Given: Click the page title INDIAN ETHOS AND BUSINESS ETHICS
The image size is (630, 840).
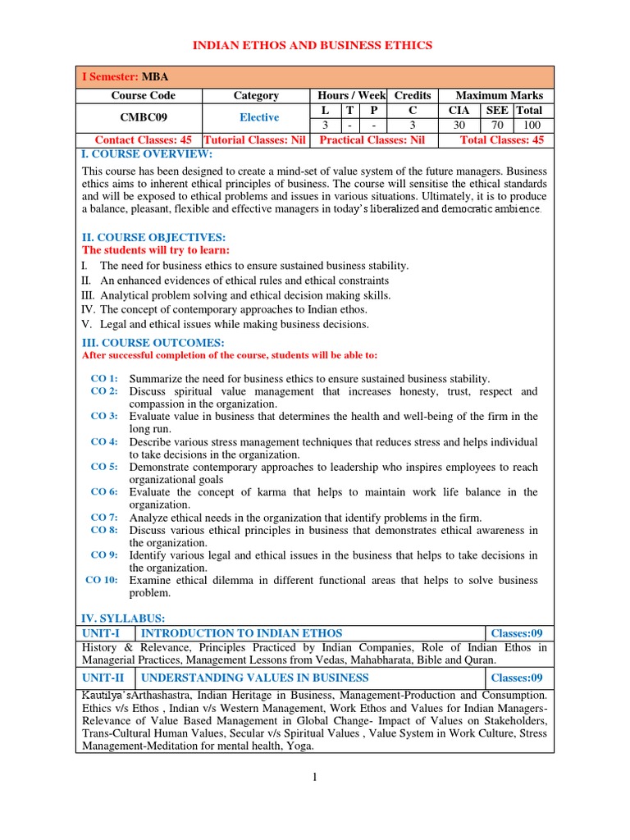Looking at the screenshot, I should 312,44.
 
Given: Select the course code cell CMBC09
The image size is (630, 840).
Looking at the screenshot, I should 139,117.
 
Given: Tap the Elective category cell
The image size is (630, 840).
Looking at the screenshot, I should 258,117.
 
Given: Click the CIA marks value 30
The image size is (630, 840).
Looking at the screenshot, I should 459,125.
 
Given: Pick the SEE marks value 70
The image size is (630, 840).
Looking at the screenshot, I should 497,125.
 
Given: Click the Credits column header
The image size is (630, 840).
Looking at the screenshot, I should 413,96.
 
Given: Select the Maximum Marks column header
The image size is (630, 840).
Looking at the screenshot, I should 499,96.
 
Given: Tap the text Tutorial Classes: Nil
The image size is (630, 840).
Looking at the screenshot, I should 255,140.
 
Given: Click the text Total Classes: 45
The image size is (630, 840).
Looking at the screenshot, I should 501,140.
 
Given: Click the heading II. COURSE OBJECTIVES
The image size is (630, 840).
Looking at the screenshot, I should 152,237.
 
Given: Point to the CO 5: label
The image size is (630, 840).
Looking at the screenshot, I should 104,466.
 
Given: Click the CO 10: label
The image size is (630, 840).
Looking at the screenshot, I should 102,579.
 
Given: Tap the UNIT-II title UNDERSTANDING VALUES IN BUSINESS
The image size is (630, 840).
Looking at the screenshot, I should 255,678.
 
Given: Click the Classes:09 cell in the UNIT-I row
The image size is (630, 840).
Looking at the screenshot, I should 516,633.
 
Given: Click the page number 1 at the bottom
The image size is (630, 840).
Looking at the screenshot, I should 314,778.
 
